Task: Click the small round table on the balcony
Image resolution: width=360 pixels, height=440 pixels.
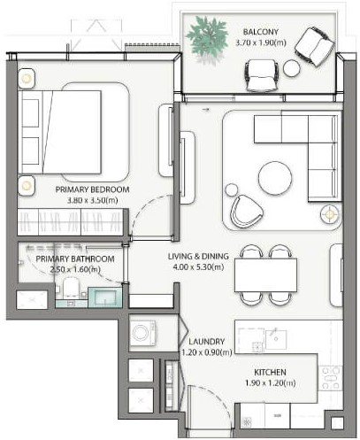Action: [x=291, y=68]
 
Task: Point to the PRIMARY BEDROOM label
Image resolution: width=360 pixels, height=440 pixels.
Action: [x=93, y=189]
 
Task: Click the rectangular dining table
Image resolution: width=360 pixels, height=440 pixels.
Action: [x=266, y=275]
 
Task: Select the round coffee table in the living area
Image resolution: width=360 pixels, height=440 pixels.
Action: [x=270, y=176]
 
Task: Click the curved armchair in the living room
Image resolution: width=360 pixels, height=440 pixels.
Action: [x=244, y=210]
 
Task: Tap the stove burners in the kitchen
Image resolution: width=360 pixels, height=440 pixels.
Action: [x=331, y=378]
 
